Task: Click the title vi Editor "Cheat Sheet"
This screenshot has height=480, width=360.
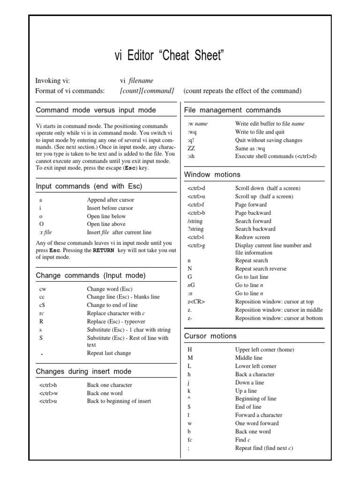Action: coord(169,56)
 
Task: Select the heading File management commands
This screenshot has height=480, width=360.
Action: coord(232,110)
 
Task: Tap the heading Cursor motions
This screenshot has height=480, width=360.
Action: coord(210,336)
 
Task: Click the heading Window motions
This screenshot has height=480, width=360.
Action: coord(212,174)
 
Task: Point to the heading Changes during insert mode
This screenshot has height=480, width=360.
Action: coord(83,371)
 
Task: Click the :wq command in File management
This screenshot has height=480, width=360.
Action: coord(192,132)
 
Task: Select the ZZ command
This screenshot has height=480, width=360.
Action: coord(191,149)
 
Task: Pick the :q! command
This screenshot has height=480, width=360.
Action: coord(191,140)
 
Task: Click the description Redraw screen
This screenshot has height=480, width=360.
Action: coord(252,237)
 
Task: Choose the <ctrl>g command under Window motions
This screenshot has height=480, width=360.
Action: coord(196,245)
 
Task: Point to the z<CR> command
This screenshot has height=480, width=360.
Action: coord(196,302)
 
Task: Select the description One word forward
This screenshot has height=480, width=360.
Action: coord(257,423)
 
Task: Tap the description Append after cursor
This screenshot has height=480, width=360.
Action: coord(110,200)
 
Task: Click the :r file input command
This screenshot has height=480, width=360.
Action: coord(45,232)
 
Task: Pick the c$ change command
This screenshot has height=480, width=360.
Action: coord(42,305)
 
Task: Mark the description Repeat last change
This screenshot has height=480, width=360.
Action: coord(109,353)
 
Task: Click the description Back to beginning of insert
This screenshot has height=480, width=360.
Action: coord(119,401)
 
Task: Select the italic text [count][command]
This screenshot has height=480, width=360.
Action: coord(147,90)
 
